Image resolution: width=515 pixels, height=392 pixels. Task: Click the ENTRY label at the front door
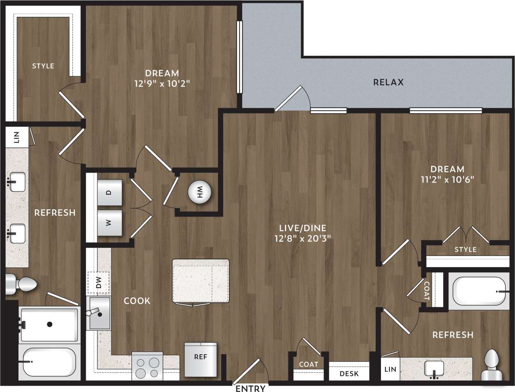pos(250,388)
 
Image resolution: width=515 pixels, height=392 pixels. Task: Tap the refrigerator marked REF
pos(201,359)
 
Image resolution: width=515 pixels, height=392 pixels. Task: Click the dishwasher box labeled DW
pos(98,283)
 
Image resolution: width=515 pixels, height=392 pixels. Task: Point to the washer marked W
pos(109,223)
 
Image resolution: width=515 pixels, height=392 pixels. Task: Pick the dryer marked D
pos(109,192)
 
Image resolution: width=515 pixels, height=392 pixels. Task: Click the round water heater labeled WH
pos(199,192)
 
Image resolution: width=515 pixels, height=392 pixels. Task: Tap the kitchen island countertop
pos(201,281)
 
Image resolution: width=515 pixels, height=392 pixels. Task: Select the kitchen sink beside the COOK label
pos(100,313)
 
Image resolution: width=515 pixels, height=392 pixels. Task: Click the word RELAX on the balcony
pos(388,82)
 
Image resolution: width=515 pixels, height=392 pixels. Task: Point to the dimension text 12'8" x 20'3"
pos(303,238)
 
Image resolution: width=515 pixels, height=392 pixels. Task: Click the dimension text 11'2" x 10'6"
pos(447,180)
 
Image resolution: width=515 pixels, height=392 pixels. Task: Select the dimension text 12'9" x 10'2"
pos(162,84)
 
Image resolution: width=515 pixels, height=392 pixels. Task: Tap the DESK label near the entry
pos(349,374)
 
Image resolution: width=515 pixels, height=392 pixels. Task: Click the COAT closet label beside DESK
pos(308,364)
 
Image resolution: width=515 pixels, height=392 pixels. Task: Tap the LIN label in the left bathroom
pos(17,137)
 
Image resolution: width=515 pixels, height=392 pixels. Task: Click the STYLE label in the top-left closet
pos(43,66)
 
